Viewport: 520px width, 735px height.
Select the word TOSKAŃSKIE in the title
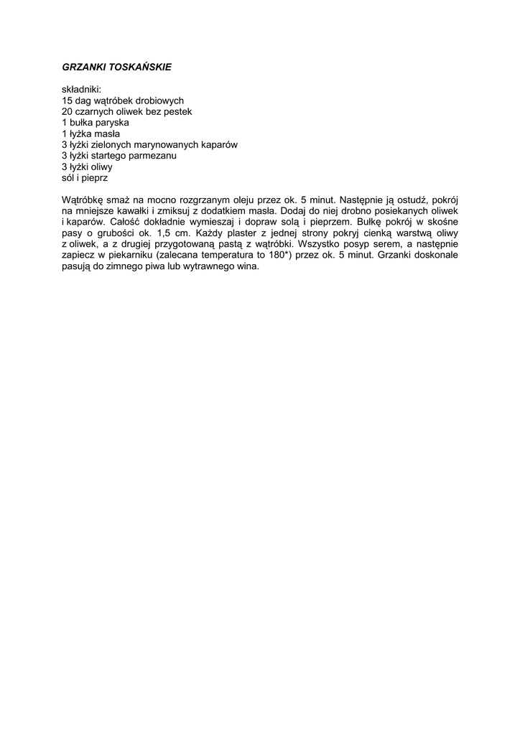click(x=140, y=67)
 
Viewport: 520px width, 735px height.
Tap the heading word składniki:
click(x=81, y=90)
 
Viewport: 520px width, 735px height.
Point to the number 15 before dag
click(x=68, y=101)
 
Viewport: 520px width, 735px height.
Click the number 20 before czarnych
click(x=68, y=112)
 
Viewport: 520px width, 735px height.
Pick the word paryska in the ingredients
click(x=113, y=123)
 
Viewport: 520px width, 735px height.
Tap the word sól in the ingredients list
click(x=68, y=177)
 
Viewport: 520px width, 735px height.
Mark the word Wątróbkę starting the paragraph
click(x=83, y=200)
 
